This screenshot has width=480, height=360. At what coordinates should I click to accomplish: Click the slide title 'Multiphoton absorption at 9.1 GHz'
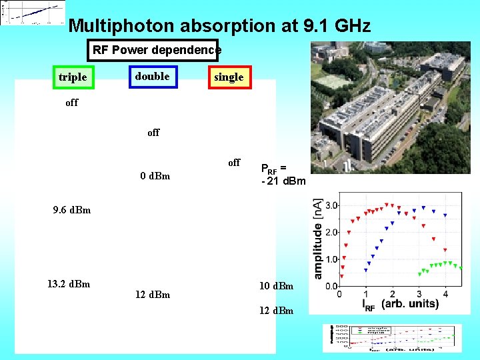[x=219, y=26]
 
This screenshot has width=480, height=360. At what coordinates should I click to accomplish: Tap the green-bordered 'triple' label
[x=73, y=77]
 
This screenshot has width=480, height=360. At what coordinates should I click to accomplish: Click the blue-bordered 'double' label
[x=153, y=77]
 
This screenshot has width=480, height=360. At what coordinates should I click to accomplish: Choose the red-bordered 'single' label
[x=229, y=77]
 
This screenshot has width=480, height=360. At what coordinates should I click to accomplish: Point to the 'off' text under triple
[x=72, y=103]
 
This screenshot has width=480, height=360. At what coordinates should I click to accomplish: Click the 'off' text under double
[x=153, y=133]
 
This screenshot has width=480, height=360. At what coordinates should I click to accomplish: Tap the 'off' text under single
[x=234, y=163]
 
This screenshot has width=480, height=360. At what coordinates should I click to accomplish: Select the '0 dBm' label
[x=155, y=177]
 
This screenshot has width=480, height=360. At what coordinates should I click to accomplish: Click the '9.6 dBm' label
[x=72, y=211]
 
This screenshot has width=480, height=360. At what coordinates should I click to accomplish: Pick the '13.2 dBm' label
[x=69, y=284]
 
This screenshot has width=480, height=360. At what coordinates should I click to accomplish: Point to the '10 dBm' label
[x=277, y=286]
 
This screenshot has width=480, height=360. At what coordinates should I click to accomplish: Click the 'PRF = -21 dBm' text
[x=283, y=175]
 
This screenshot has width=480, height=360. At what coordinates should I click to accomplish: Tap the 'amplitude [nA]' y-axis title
[x=318, y=238]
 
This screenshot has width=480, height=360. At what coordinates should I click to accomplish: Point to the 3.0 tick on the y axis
[x=331, y=205]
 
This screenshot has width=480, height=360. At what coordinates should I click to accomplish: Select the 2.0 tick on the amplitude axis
[x=331, y=233]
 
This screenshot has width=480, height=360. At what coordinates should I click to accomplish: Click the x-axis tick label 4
[x=445, y=294]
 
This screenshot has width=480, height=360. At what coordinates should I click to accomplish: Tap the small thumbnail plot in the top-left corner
[x=33, y=13]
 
